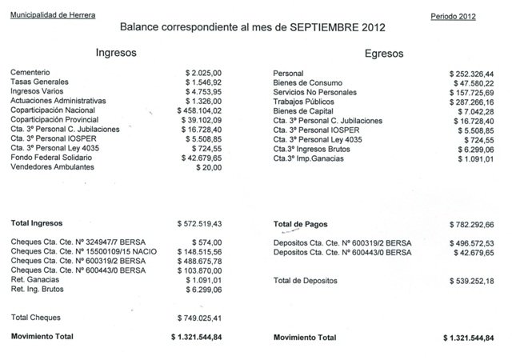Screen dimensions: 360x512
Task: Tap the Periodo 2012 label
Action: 452,16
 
